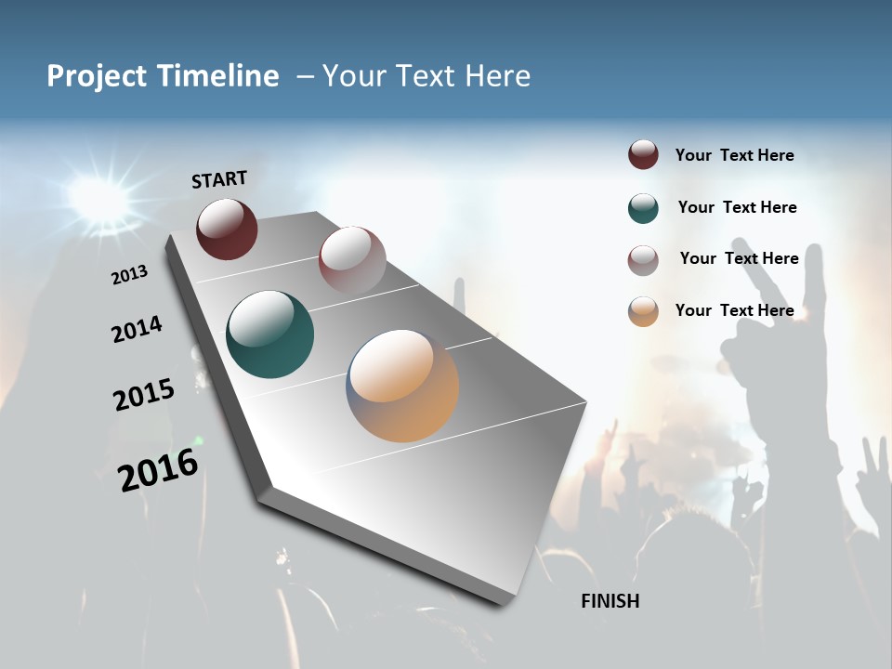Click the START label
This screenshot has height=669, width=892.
click(x=219, y=179)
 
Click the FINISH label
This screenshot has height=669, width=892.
click(x=610, y=601)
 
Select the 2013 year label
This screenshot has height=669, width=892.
click(x=130, y=274)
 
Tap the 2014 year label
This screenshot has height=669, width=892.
click(x=137, y=330)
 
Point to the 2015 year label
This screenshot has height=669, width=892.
click(x=144, y=395)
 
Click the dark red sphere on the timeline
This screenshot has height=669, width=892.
click(x=227, y=229)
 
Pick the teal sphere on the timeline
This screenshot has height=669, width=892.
click(x=270, y=334)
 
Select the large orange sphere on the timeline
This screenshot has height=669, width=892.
click(x=403, y=386)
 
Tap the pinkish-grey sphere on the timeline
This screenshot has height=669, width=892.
click(x=352, y=259)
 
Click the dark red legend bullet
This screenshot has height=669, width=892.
click(x=643, y=155)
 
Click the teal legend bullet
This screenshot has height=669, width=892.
click(x=643, y=208)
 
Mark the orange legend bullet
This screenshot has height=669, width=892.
click(x=643, y=311)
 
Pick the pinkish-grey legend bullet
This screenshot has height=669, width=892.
click(x=643, y=260)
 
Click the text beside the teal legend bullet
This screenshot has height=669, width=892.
click(x=737, y=207)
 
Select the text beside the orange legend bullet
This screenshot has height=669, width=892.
click(x=735, y=310)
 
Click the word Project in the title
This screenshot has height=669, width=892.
click(x=97, y=76)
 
